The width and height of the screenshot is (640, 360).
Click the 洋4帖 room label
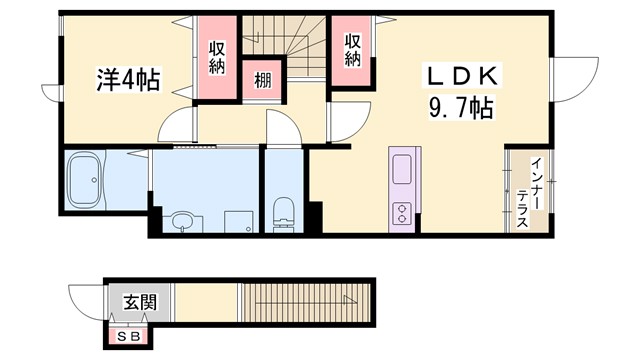pos(126,79)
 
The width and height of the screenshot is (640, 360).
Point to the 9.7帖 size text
pos(460,108)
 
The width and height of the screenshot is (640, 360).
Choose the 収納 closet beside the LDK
pos(353,50)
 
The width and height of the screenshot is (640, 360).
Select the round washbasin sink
pos(182,220)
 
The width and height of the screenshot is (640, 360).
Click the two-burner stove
pos(402,212)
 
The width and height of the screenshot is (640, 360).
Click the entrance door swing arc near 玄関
pos(88,301)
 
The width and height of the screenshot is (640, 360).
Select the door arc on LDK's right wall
pos(572,79)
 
